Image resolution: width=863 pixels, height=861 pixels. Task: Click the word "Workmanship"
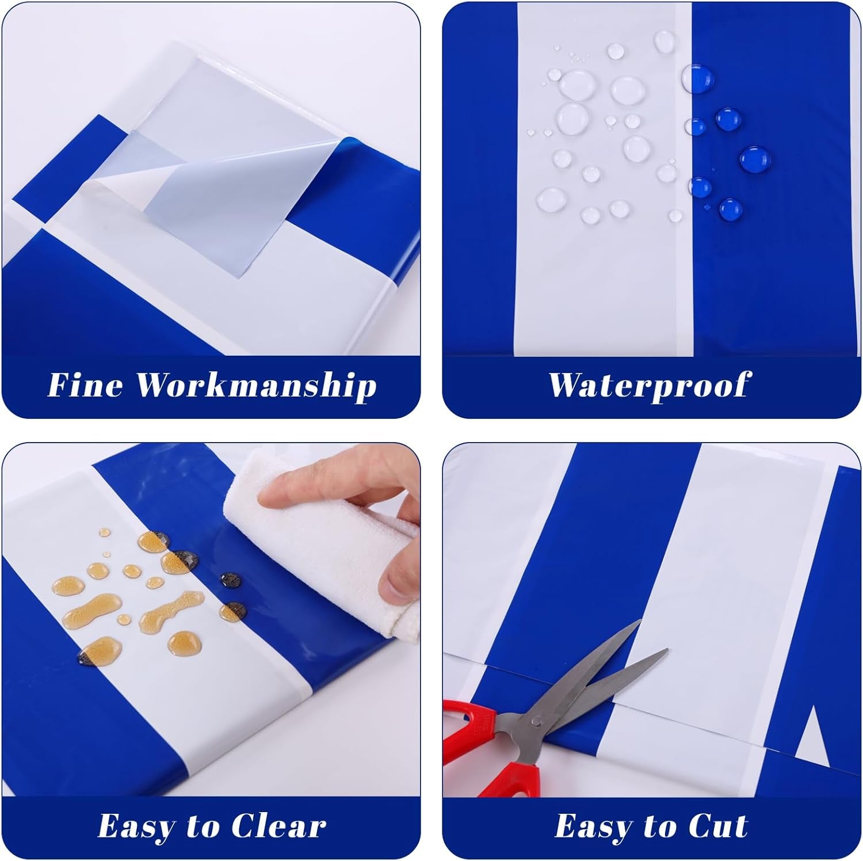(x=255, y=386)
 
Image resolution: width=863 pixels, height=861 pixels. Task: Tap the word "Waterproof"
(x=650, y=384)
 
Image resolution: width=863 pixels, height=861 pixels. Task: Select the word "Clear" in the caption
(x=278, y=826)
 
